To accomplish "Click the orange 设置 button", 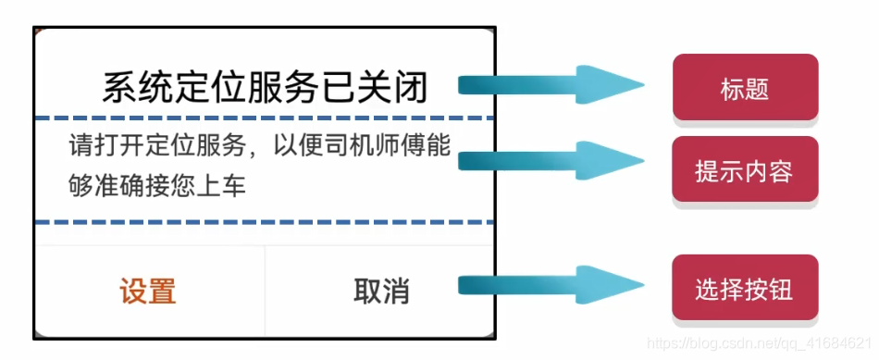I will click(x=148, y=291).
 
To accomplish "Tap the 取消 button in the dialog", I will click(x=381, y=291).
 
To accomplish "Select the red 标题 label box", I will click(x=745, y=88).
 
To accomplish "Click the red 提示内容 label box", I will click(x=745, y=170).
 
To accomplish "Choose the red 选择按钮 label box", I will click(x=745, y=289).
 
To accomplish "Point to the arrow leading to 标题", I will click(x=551, y=86).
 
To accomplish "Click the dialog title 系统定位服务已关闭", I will click(x=265, y=88).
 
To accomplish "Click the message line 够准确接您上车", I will click(x=157, y=185).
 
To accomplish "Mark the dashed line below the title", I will click(x=265, y=118).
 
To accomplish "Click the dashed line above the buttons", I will click(x=265, y=222).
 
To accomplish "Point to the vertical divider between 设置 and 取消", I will click(x=265, y=291).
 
